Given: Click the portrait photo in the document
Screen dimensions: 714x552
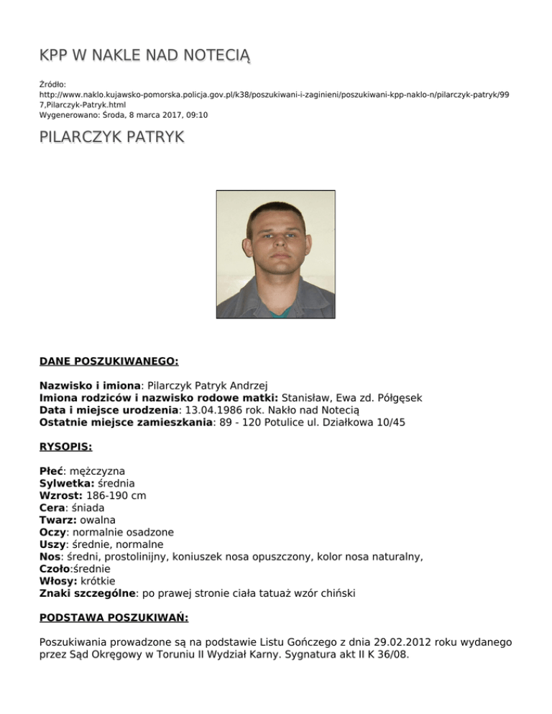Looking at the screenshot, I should (276, 254).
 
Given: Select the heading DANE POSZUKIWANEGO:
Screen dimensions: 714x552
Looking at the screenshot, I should (109, 361).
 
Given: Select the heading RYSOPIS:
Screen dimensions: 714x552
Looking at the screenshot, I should (66, 446).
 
